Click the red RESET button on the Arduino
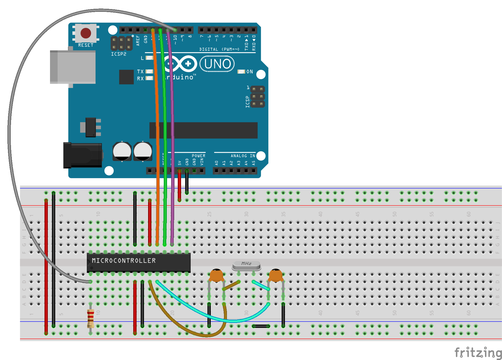click(86, 33)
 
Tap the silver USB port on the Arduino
click(73, 67)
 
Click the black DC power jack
click(83, 155)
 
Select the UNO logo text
click(217, 64)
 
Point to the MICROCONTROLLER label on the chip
click(124, 261)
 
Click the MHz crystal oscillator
click(246, 265)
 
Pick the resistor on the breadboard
click(90, 318)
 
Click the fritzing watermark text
click(478, 353)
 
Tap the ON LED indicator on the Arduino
click(241, 72)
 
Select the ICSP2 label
click(119, 54)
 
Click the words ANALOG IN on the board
click(243, 156)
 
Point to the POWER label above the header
click(198, 156)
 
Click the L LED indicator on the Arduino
click(149, 58)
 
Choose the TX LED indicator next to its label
click(149, 71)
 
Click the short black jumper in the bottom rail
click(261, 326)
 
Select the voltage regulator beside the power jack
click(91, 127)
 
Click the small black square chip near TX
click(126, 77)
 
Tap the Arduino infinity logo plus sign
click(188, 64)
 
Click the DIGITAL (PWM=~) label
click(219, 49)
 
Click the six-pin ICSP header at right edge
click(258, 97)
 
